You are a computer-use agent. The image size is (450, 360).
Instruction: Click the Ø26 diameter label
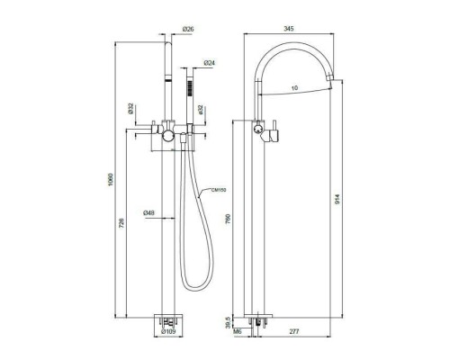[x=189, y=30]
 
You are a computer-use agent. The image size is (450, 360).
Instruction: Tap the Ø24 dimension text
[x=209, y=62]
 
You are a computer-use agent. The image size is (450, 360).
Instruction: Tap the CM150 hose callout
[x=216, y=191]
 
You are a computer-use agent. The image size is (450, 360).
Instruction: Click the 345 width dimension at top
[x=288, y=30]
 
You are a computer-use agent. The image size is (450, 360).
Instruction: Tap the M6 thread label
[x=238, y=332]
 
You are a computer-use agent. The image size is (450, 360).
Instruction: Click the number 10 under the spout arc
[x=294, y=87]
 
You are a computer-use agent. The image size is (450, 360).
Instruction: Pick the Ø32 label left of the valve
[x=131, y=107]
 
